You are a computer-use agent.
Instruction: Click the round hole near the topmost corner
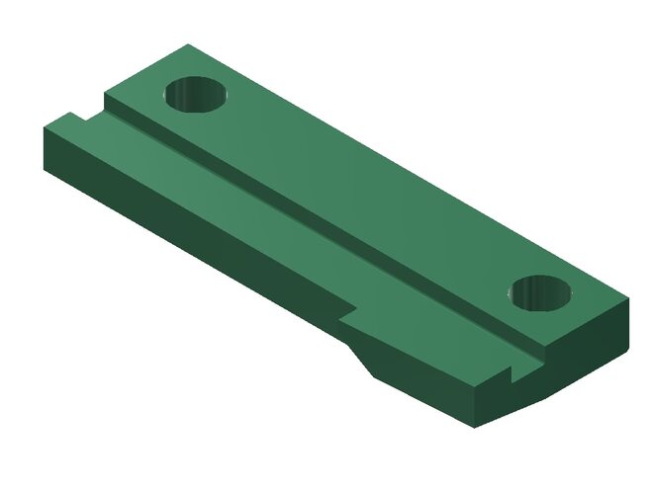click(x=195, y=95)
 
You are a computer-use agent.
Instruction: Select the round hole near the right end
click(x=542, y=292)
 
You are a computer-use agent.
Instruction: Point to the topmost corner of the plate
click(x=188, y=44)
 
